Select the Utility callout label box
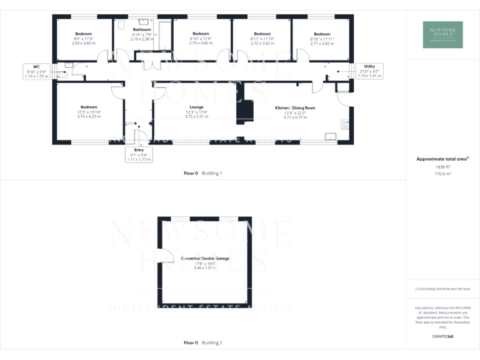pyautogui.click(x=369, y=71)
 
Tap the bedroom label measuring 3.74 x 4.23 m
pyautogui.click(x=89, y=112)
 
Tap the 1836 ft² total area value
pyautogui.click(x=442, y=167)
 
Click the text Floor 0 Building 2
pyautogui.click(x=203, y=343)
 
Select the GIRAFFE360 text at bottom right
pyautogui.click(x=442, y=336)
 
